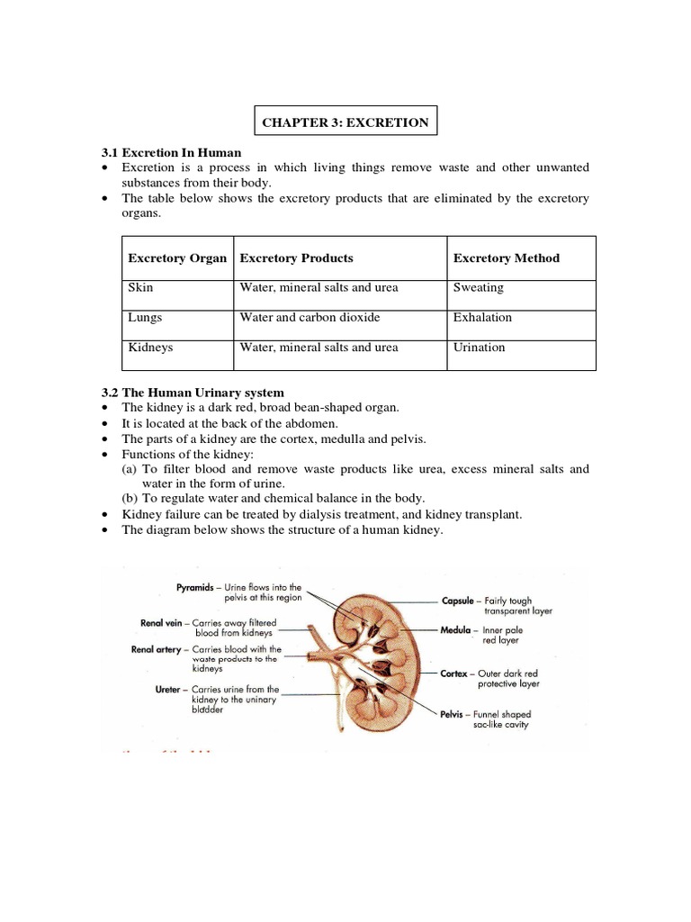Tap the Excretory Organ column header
(x=177, y=258)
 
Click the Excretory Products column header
(x=296, y=258)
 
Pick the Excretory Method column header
(x=506, y=258)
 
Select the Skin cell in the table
(x=140, y=288)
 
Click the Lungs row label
(x=146, y=318)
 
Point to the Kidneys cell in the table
(x=151, y=348)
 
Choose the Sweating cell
(x=479, y=288)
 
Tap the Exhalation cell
(x=483, y=318)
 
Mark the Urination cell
(x=480, y=348)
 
